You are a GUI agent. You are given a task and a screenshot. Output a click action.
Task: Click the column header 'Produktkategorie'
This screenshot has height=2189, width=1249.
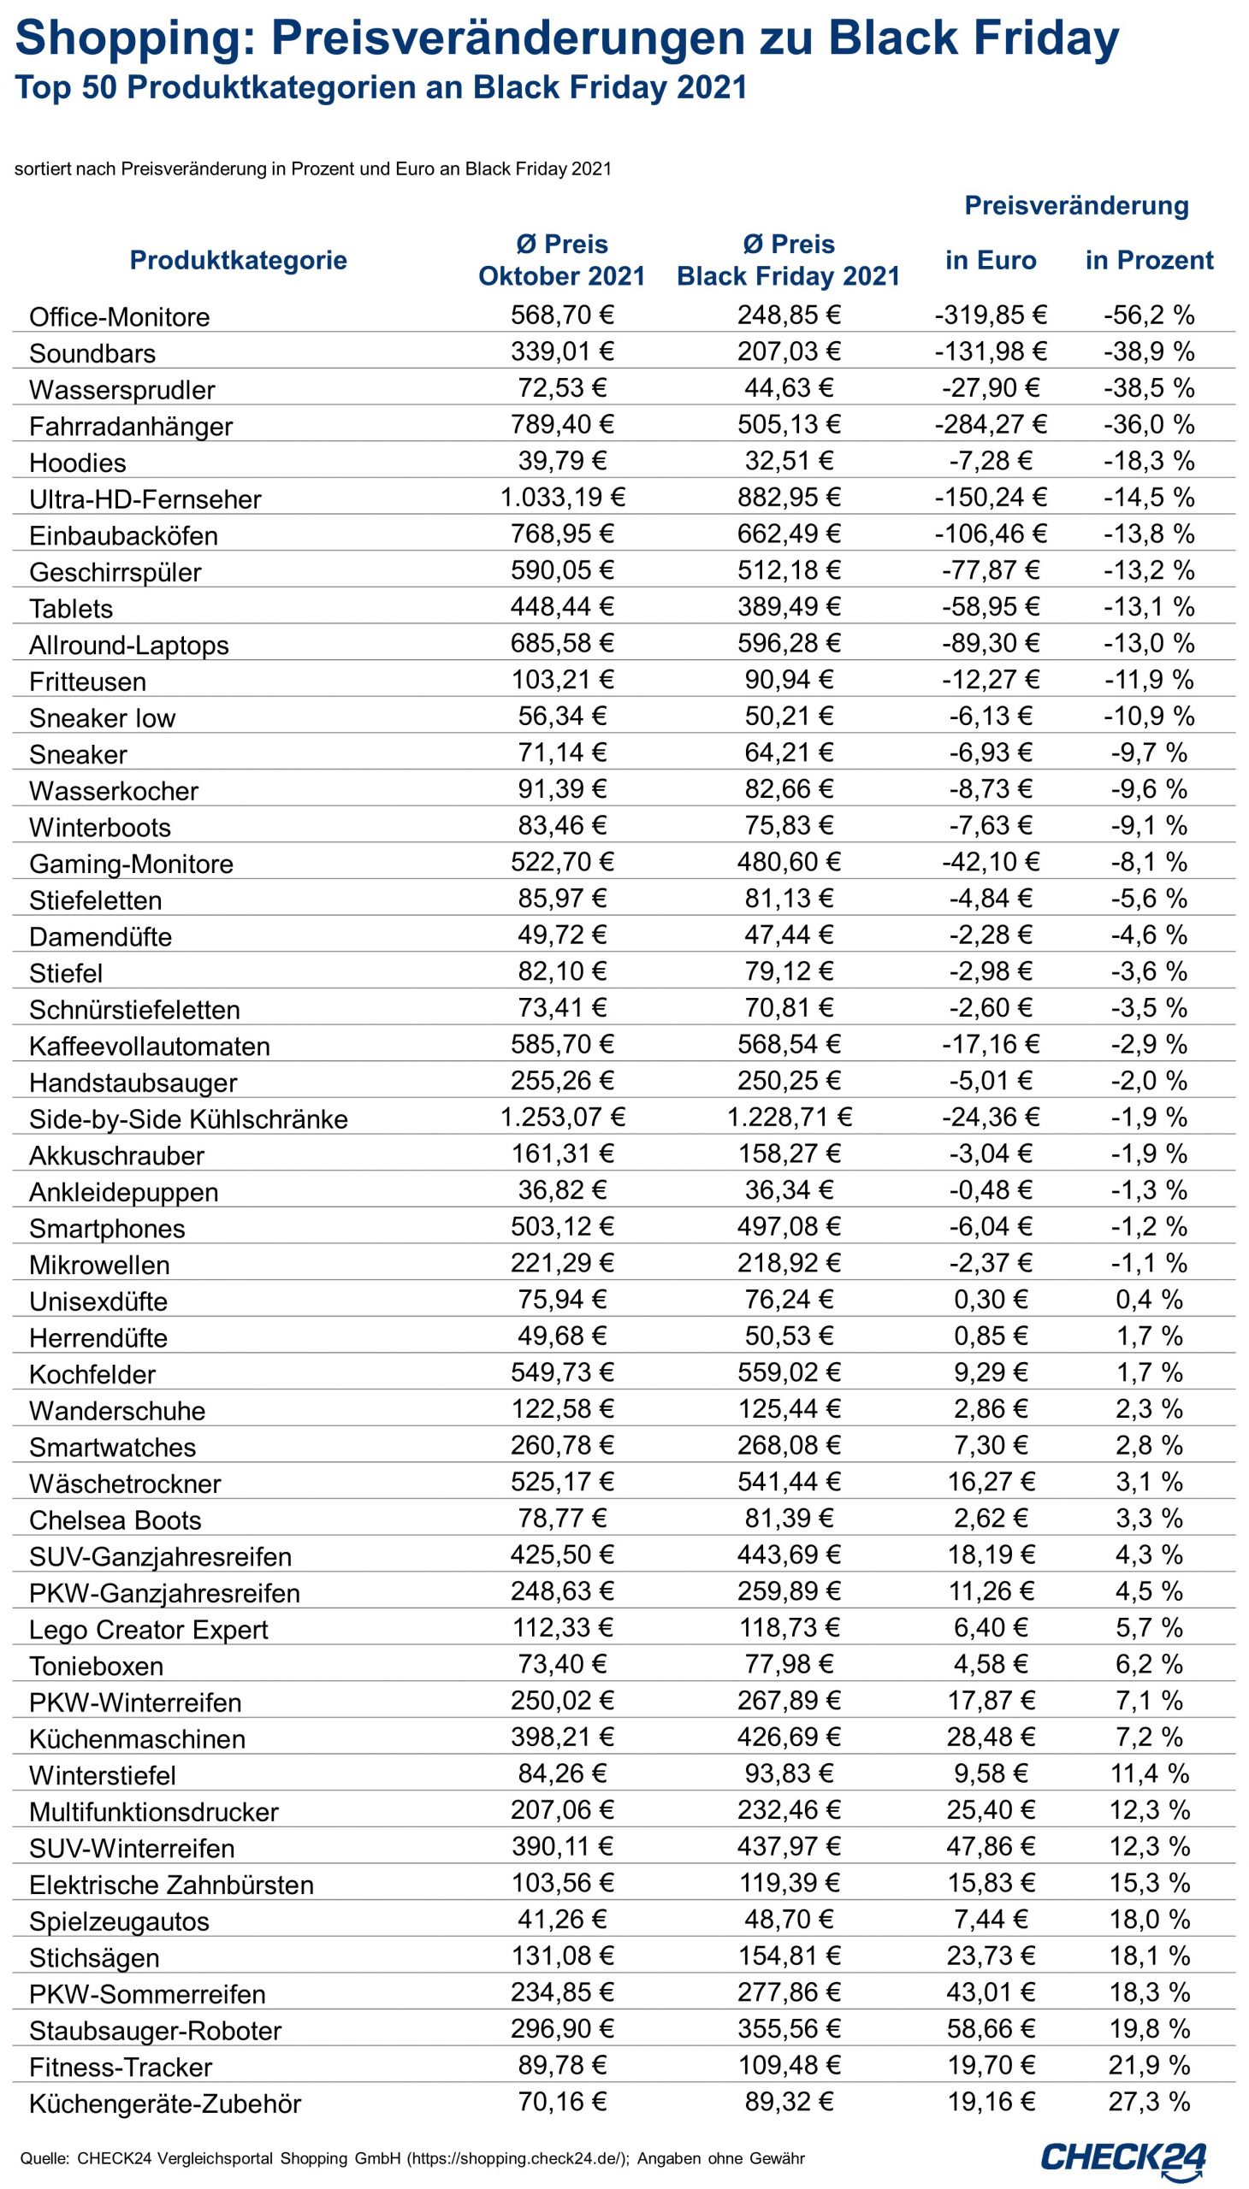click(x=238, y=261)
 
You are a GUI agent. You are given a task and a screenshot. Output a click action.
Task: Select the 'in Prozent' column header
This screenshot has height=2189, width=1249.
click(x=1149, y=261)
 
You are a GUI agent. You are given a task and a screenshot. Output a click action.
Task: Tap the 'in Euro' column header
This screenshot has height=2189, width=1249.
click(x=990, y=261)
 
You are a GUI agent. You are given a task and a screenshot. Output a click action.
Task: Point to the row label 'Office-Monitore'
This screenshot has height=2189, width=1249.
click(x=119, y=317)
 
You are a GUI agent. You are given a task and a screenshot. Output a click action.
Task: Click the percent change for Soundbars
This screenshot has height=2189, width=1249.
click(x=1149, y=352)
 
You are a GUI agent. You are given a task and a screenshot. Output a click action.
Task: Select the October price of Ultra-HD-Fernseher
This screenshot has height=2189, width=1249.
click(x=563, y=499)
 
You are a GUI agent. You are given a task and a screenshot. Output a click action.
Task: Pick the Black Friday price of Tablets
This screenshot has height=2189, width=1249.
click(x=789, y=607)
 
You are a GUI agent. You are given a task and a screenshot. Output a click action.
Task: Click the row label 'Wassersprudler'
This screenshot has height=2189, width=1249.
click(x=121, y=390)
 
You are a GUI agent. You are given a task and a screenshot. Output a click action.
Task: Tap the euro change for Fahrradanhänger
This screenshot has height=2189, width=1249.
click(x=990, y=425)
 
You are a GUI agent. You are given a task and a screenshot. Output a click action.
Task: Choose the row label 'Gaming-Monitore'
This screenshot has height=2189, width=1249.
click(x=131, y=864)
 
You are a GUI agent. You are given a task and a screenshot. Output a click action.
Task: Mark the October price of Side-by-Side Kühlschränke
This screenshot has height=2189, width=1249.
click(x=563, y=1118)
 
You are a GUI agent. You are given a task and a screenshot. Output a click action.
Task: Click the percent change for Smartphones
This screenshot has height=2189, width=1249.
click(x=1149, y=1227)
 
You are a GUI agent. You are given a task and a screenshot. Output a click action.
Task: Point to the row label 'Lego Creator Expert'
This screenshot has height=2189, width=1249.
click(x=148, y=1630)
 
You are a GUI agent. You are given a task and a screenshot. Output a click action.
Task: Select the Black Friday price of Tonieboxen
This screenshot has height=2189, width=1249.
click(x=789, y=1665)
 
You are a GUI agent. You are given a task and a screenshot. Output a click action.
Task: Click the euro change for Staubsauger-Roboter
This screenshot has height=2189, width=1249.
click(x=990, y=2029)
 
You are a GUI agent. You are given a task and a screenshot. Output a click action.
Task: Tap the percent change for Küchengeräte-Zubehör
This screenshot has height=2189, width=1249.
click(x=1149, y=2103)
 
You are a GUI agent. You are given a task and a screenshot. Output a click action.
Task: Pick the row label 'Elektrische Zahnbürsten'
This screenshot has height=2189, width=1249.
click(x=171, y=1885)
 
